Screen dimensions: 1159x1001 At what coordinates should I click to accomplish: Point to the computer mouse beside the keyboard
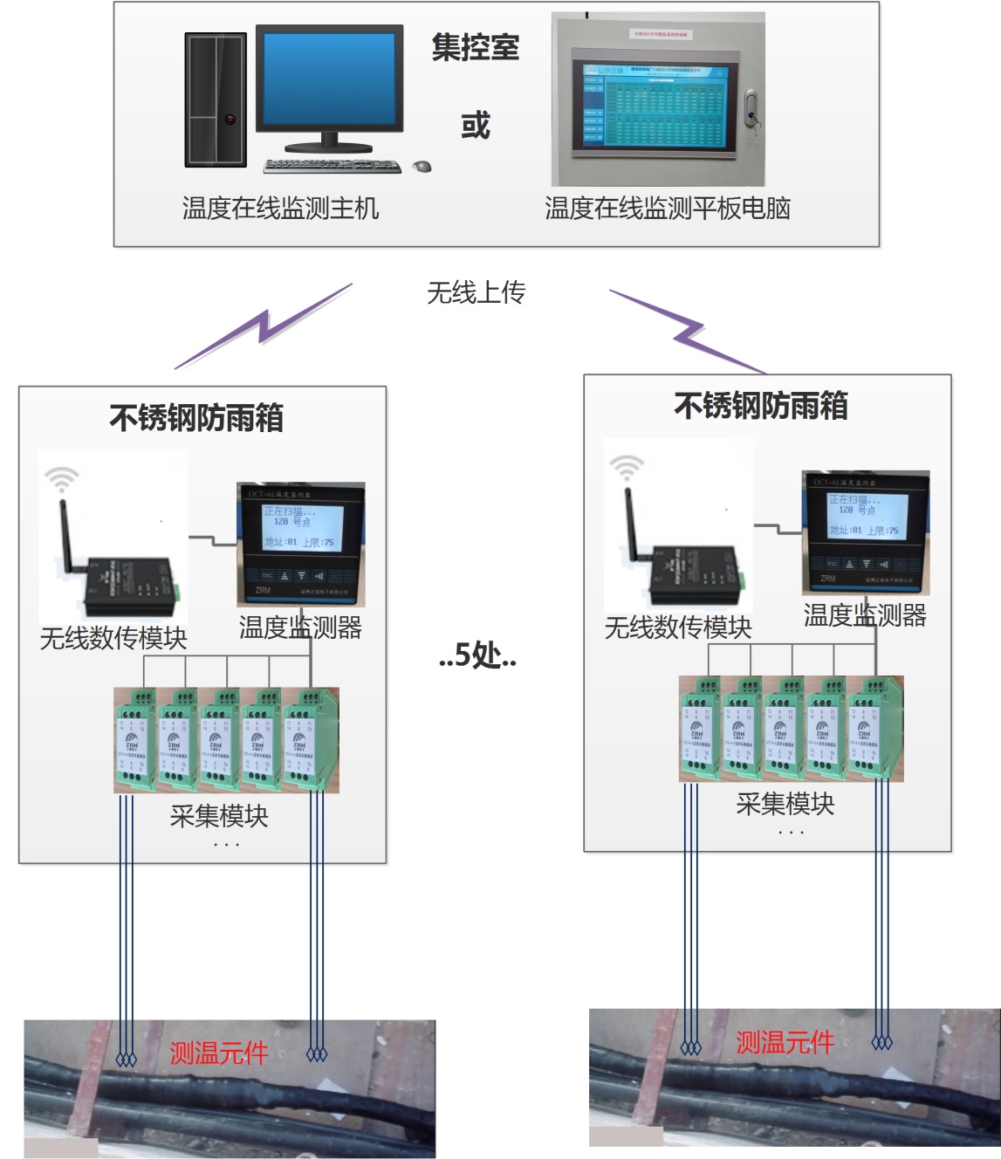point(422,166)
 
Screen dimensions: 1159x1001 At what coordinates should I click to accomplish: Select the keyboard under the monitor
point(332,166)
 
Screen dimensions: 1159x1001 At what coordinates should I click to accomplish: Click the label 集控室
point(476,47)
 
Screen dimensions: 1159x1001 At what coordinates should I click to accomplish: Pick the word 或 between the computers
point(476,126)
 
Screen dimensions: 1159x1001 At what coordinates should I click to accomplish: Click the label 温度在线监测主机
point(280,209)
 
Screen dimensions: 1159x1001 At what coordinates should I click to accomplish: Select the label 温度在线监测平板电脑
point(668,209)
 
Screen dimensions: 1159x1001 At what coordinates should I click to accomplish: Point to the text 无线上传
point(476,292)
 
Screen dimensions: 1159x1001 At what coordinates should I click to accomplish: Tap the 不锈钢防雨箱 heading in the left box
point(196,418)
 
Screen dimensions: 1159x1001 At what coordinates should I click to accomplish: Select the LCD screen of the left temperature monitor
point(301,526)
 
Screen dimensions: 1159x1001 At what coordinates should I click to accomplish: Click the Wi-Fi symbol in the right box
point(626,466)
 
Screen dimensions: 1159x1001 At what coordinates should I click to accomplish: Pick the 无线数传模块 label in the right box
point(678,628)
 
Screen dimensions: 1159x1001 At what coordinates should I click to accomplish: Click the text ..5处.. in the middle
point(477,655)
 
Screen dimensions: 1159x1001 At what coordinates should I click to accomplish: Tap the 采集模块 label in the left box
point(219,816)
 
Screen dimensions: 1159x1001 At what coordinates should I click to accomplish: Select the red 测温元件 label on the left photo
point(218,1053)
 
